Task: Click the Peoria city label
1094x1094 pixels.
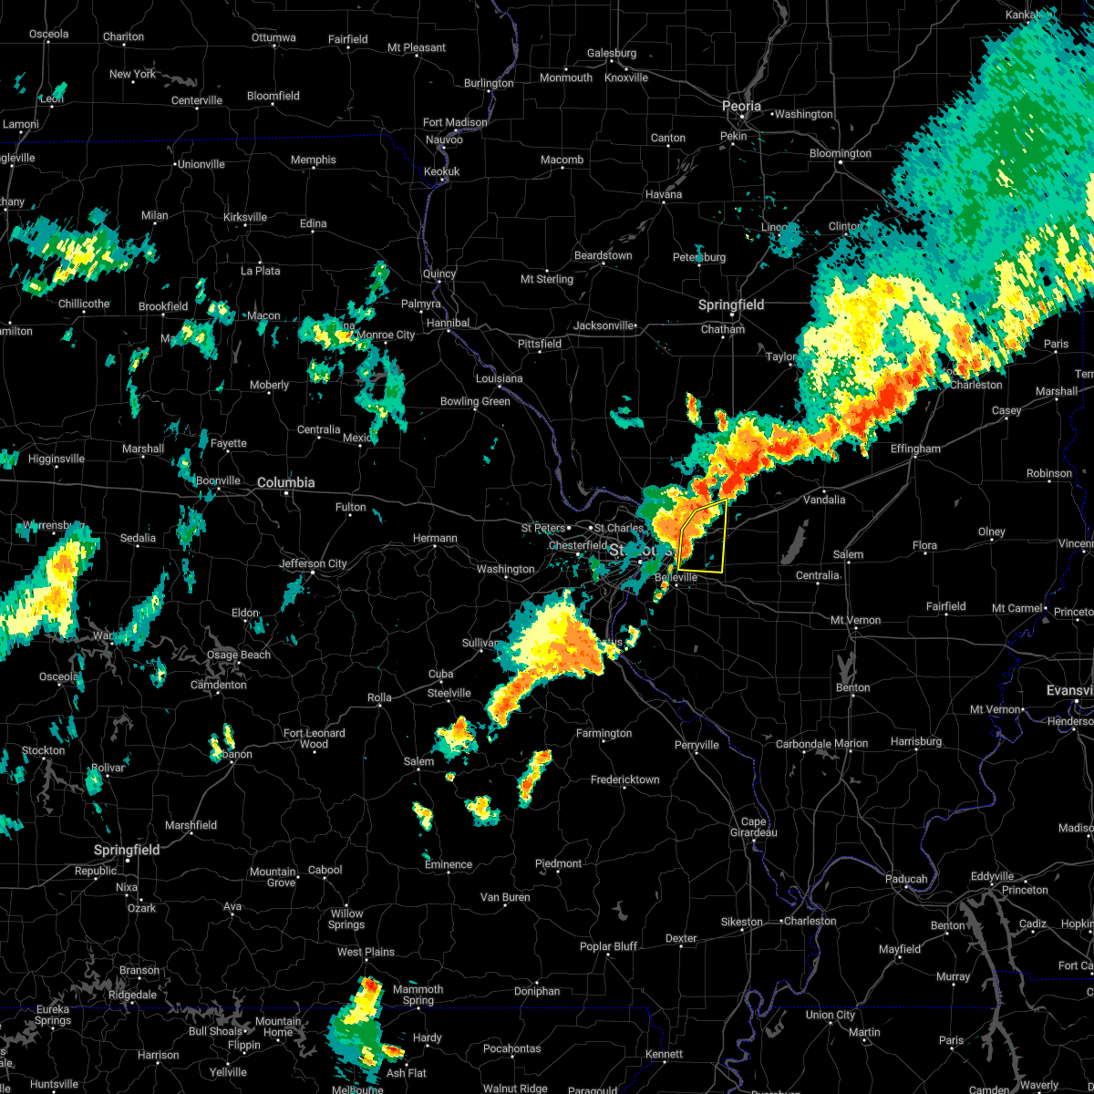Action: (741, 107)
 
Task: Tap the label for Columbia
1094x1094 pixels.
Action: (285, 482)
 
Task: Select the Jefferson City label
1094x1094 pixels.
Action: (313, 563)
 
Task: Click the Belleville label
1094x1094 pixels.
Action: (676, 577)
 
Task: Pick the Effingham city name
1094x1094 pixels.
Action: (915, 449)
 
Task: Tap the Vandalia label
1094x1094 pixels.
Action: (823, 500)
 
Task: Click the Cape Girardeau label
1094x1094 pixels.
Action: (753, 827)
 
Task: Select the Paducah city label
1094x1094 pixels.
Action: (906, 879)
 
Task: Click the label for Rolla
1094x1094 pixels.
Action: (379, 697)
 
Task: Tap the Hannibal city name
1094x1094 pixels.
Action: (448, 323)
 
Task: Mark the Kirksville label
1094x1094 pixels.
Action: (245, 217)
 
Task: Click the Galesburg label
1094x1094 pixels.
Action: (611, 54)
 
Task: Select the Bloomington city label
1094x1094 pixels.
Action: (841, 153)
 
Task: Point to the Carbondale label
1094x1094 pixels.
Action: (802, 744)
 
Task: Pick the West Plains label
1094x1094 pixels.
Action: (366, 952)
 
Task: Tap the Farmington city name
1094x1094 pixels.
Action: (604, 733)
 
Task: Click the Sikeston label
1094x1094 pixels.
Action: (741, 922)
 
